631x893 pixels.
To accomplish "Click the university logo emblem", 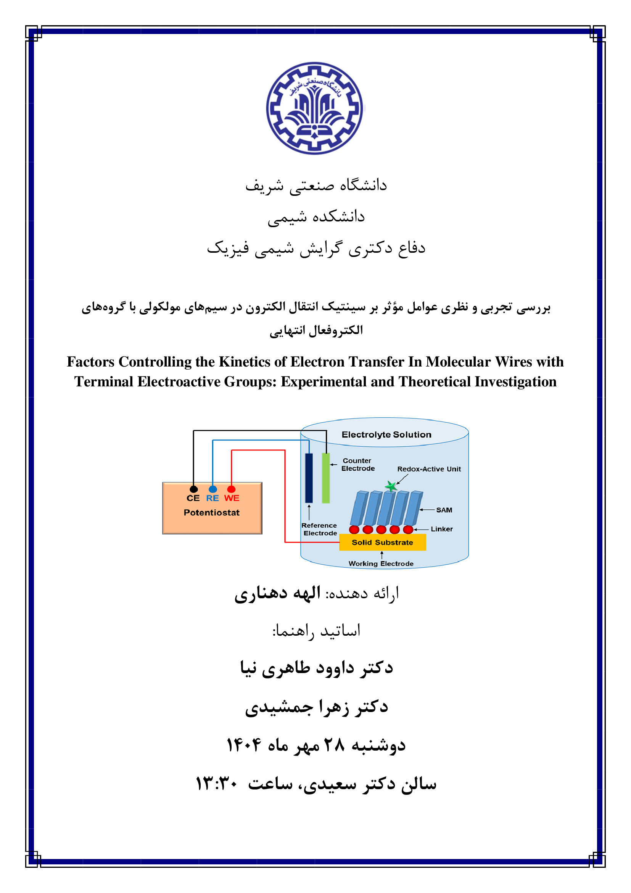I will click(315, 108).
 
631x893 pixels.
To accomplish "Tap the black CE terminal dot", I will click(193, 489).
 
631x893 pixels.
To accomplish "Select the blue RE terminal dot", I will click(213, 489).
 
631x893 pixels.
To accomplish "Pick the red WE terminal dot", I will click(231, 489).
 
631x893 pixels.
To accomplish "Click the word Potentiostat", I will click(211, 513).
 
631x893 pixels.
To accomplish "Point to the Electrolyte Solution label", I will click(386, 434).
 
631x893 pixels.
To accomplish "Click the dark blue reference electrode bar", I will click(309, 478).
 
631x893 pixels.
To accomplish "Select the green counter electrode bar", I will click(325, 478).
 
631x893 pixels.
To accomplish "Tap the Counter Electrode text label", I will click(357, 464).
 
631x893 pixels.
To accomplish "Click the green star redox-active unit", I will click(391, 486).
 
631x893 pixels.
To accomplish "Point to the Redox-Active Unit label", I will click(429, 469).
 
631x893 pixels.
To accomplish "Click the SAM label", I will click(444, 510).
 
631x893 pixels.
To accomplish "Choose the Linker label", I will click(442, 529).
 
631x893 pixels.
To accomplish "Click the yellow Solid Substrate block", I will click(382, 542).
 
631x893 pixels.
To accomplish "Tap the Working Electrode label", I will click(381, 564).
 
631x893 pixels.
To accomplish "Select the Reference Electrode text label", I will click(319, 529).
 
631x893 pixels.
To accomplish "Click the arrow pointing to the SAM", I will click(427, 510).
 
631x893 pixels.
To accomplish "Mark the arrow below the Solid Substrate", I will click(382, 555).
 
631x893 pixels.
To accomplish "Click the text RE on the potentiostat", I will click(212, 498).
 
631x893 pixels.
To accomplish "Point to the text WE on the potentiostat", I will click(232, 498).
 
